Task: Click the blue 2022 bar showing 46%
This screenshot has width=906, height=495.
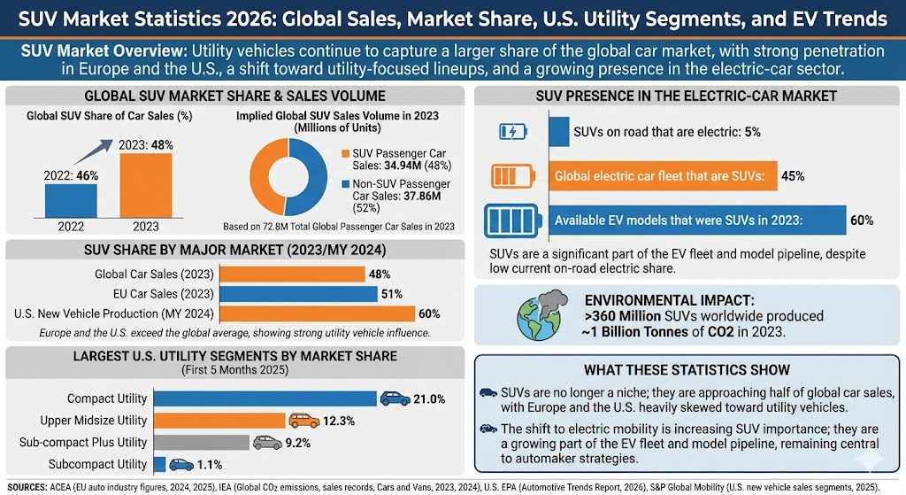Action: pos(71,200)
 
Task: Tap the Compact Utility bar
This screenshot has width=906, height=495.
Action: pos(265,398)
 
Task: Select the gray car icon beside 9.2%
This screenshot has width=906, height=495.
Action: pos(267,442)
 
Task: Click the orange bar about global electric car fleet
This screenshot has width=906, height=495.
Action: pos(662,175)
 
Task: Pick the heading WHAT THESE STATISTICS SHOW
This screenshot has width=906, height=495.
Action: pos(687,370)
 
